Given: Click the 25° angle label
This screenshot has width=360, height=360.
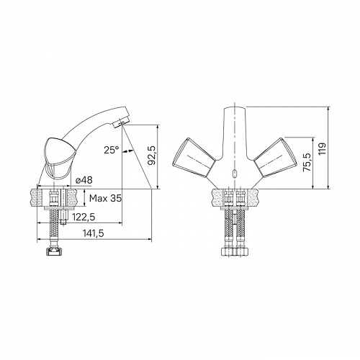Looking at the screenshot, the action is coord(112,150).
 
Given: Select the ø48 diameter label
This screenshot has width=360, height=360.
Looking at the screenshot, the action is coord(84,180).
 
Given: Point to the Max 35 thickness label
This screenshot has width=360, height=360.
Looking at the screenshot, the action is coord(105,198).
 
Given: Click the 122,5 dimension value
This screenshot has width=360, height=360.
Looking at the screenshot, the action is coord(84,217).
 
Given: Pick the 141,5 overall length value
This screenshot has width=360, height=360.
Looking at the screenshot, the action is coord(94,233).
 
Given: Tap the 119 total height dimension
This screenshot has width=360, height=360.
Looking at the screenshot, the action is coord(323,148).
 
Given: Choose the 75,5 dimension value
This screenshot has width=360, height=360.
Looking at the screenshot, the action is coord(307,163).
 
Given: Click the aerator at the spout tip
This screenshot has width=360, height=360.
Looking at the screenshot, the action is coord(118,124).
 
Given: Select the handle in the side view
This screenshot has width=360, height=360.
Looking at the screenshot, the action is coord(57,158).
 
